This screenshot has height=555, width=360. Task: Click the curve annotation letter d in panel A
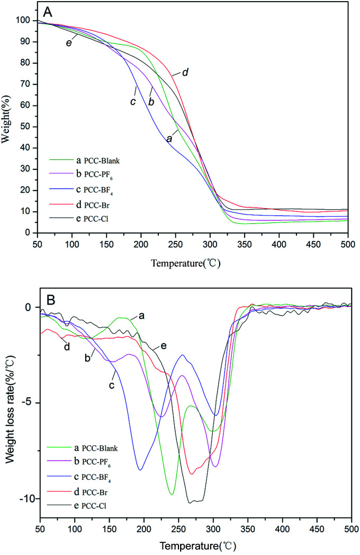185,72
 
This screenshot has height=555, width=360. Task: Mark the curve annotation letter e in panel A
69,43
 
